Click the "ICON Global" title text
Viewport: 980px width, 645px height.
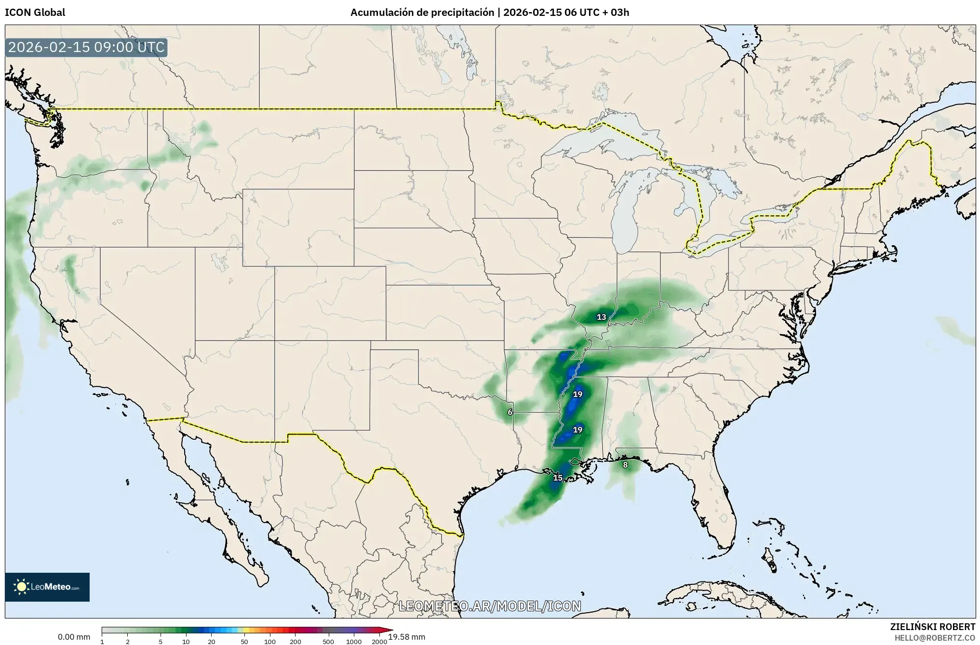click(x=35, y=13)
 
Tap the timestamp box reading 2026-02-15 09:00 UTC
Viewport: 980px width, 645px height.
click(x=86, y=48)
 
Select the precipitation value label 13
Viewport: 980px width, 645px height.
click(x=601, y=317)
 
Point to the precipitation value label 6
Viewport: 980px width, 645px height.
click(x=510, y=412)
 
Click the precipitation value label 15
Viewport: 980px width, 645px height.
click(x=557, y=478)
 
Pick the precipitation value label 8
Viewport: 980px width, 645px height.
click(x=625, y=465)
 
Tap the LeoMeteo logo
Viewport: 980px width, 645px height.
click(x=47, y=587)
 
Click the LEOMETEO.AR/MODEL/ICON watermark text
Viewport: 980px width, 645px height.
click(x=490, y=606)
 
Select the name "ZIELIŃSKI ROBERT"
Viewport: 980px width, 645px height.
click(x=932, y=627)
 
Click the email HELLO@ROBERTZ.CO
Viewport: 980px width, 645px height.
click(x=935, y=637)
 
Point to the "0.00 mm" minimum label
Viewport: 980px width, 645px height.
click(x=74, y=637)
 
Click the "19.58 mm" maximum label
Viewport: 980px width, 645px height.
click(x=407, y=637)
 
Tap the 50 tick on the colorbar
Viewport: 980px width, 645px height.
click(x=244, y=642)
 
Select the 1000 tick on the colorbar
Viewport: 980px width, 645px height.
click(x=353, y=642)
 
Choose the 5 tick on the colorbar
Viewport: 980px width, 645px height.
click(x=161, y=642)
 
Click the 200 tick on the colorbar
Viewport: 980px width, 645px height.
click(x=295, y=642)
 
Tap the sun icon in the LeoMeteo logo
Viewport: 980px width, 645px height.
click(x=21, y=587)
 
